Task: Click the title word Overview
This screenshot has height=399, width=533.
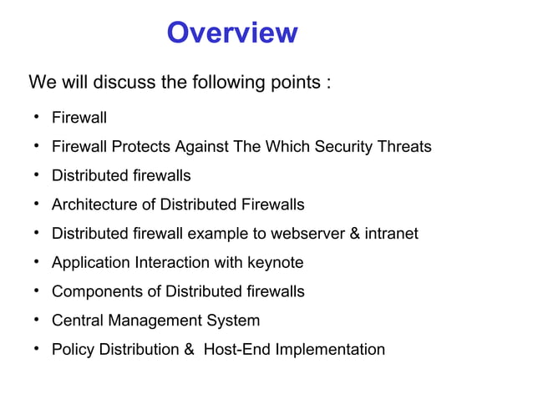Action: [231, 33]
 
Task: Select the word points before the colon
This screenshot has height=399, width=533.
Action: [288, 83]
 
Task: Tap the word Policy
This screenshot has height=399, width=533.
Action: [73, 349]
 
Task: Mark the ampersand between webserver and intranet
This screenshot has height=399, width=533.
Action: [355, 234]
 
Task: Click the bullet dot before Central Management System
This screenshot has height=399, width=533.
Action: [38, 320]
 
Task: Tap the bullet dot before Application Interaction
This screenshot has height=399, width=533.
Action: [38, 262]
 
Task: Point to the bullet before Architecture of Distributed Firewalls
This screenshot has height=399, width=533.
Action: [38, 204]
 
